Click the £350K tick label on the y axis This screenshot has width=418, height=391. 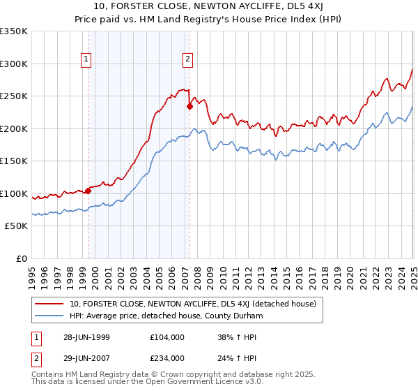14,31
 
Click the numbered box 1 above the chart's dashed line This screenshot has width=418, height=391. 86,59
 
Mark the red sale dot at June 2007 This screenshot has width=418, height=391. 189,107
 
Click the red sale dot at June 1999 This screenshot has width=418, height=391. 88,191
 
